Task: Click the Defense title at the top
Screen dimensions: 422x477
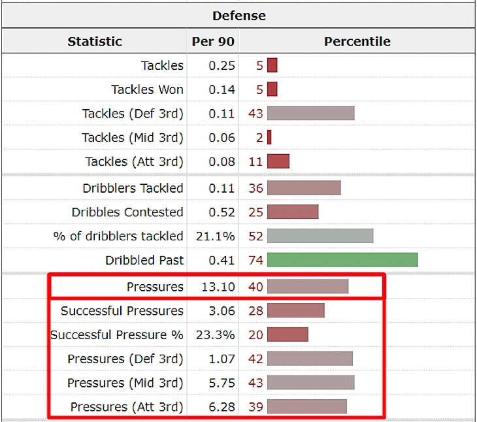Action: [x=238, y=15]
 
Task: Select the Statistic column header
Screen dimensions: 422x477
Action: [x=95, y=41]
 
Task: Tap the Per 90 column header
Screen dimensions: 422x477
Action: [x=212, y=41]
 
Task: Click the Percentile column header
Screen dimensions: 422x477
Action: [x=357, y=41]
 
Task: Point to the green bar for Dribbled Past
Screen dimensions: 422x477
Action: [x=342, y=260]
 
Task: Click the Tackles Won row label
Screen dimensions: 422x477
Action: [x=147, y=89]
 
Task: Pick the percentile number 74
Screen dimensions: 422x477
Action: [x=255, y=260]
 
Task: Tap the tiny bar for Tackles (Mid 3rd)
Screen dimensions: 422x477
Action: [x=269, y=137]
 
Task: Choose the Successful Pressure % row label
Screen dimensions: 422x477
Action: [x=117, y=334]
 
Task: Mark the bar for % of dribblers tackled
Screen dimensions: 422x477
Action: [x=320, y=236]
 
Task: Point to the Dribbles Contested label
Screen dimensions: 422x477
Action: [x=127, y=212]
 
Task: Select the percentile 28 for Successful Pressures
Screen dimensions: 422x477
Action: [x=255, y=310]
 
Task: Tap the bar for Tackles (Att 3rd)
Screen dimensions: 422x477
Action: [x=278, y=161]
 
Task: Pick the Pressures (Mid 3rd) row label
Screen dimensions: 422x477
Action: [x=125, y=383]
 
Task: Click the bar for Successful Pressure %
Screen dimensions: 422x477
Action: [x=288, y=334]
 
